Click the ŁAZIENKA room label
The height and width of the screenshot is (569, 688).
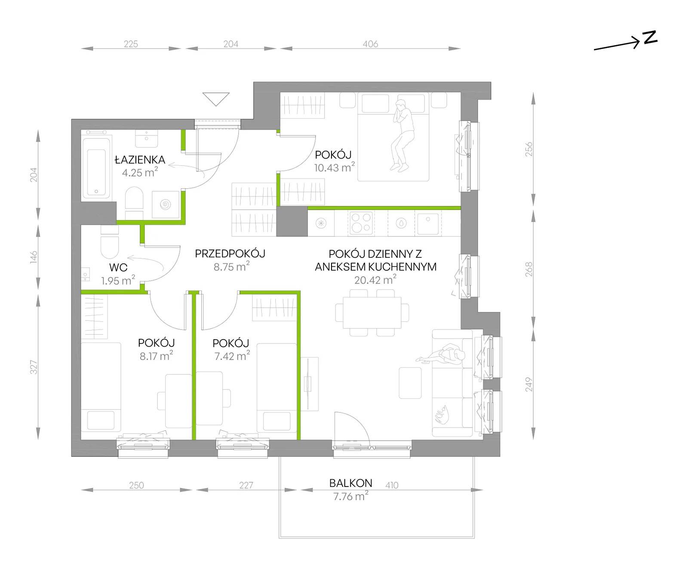(x=140, y=159)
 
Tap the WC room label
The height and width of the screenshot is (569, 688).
(x=118, y=267)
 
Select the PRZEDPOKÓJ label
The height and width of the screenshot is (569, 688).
(x=230, y=254)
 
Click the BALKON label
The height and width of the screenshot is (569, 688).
(x=350, y=483)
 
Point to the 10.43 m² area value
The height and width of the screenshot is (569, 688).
(x=335, y=167)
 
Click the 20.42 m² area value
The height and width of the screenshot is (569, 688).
(x=375, y=280)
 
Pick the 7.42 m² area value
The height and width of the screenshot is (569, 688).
(x=232, y=356)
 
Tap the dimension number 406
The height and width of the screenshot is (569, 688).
(x=370, y=44)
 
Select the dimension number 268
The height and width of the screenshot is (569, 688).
(x=528, y=269)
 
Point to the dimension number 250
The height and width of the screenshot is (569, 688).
(x=136, y=485)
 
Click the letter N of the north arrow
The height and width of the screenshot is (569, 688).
(x=651, y=37)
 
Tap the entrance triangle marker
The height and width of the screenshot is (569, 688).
(x=216, y=99)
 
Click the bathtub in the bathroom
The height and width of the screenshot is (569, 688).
(x=97, y=167)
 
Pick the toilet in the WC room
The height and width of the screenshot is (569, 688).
(x=110, y=246)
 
